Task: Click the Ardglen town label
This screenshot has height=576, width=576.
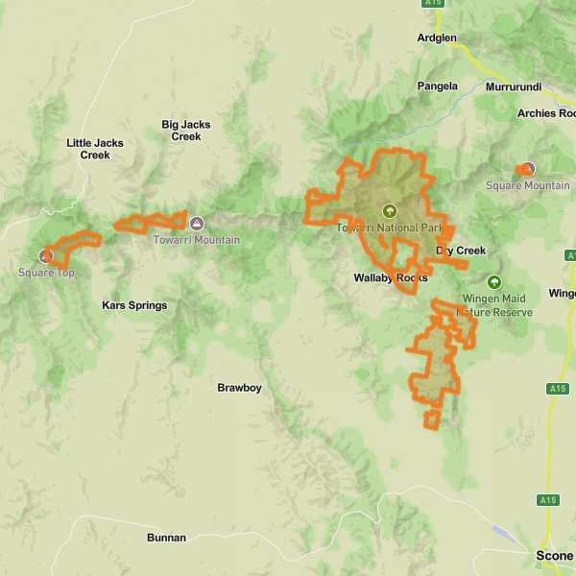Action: pos(437,38)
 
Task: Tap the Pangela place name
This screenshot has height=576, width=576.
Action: pos(437,85)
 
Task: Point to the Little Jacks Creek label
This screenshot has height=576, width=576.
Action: pos(95,149)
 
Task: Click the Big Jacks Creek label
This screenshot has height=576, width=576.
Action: pos(186,131)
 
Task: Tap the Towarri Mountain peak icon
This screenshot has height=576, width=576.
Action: pos(197,223)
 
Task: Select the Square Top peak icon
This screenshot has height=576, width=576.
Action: pos(45,255)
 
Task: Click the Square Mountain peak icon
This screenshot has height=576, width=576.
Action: pos(526,169)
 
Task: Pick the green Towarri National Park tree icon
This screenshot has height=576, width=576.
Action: pos(389,210)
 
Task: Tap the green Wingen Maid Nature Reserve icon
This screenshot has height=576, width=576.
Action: pos(493,282)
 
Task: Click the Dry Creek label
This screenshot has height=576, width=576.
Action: pos(461,251)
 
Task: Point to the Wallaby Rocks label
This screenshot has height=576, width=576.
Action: pos(390,277)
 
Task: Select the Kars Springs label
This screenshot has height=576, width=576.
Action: pos(134,305)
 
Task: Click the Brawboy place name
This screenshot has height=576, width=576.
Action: pos(239,388)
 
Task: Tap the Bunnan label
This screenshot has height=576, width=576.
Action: pos(166,538)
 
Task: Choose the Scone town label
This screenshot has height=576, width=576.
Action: pos(554,557)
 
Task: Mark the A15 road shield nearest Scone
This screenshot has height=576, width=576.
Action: pos(548,500)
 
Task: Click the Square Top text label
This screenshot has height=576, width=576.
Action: pos(45,273)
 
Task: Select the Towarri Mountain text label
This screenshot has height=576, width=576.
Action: pos(197,239)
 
